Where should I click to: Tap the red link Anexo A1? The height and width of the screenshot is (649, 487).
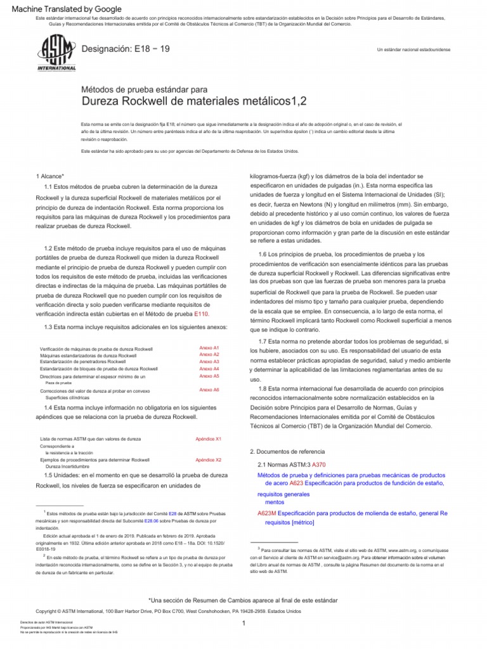click(209, 348)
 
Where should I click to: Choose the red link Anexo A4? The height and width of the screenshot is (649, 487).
click(209, 368)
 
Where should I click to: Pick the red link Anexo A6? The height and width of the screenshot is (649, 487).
click(209, 390)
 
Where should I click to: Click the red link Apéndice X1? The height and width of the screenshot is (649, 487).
click(209, 439)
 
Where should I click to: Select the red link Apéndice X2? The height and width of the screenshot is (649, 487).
click(209, 459)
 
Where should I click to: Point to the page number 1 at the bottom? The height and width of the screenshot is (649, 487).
click(243, 624)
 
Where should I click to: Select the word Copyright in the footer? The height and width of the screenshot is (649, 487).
click(49, 610)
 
